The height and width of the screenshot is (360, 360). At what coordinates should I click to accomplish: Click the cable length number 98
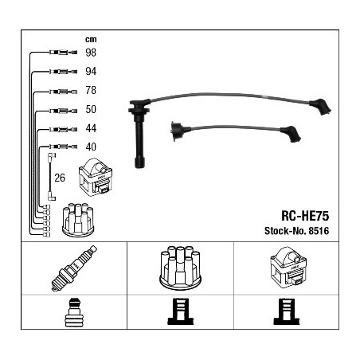pos(91,53)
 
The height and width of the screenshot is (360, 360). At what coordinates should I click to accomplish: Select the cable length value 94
pos(91,71)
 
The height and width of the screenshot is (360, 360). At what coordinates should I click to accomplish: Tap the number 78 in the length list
pos(91,90)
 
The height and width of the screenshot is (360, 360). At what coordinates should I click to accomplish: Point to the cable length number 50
pos(91,109)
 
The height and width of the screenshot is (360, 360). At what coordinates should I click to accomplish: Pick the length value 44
pos(91,128)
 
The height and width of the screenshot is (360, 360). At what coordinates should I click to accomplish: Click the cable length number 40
pos(91,147)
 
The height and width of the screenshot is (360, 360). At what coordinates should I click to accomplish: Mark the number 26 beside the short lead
pos(60,178)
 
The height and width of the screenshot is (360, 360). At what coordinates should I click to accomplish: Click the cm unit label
pos(91,40)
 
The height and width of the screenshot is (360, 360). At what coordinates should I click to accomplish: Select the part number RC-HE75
pos(305,216)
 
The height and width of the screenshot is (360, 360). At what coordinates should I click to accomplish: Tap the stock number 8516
pos(319,231)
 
